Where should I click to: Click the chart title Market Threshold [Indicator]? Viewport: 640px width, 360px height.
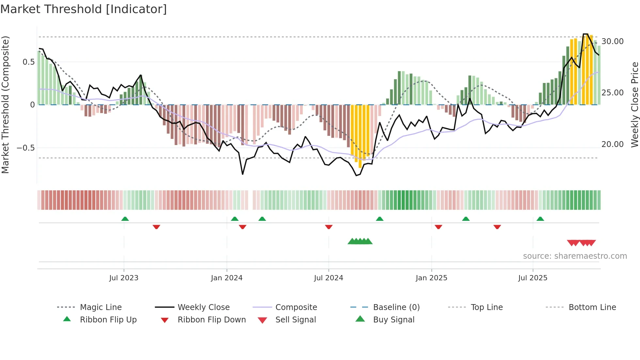tap(84, 9)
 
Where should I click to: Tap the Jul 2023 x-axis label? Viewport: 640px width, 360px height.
tap(124, 278)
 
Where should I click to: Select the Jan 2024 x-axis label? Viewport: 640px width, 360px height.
tap(227, 278)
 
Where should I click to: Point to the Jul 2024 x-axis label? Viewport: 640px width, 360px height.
tap(328, 278)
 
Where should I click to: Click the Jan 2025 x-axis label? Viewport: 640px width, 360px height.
tap(431, 278)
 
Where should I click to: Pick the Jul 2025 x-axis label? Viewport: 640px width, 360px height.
tap(533, 278)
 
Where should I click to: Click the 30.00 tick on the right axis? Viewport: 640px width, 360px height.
tap(613, 41)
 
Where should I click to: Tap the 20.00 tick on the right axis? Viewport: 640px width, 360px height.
tap(613, 144)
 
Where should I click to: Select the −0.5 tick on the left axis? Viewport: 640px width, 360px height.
tap(26, 148)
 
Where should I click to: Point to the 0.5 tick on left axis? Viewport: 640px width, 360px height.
tap(28, 62)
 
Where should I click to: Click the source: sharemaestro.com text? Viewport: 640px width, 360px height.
tap(575, 256)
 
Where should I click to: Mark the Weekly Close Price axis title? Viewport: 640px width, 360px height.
tap(634, 105)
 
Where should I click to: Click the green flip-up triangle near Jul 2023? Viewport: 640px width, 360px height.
tap(125, 219)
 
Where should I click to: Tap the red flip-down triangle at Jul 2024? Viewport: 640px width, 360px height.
tap(329, 227)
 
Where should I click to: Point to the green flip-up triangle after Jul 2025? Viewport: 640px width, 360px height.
tap(540, 219)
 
